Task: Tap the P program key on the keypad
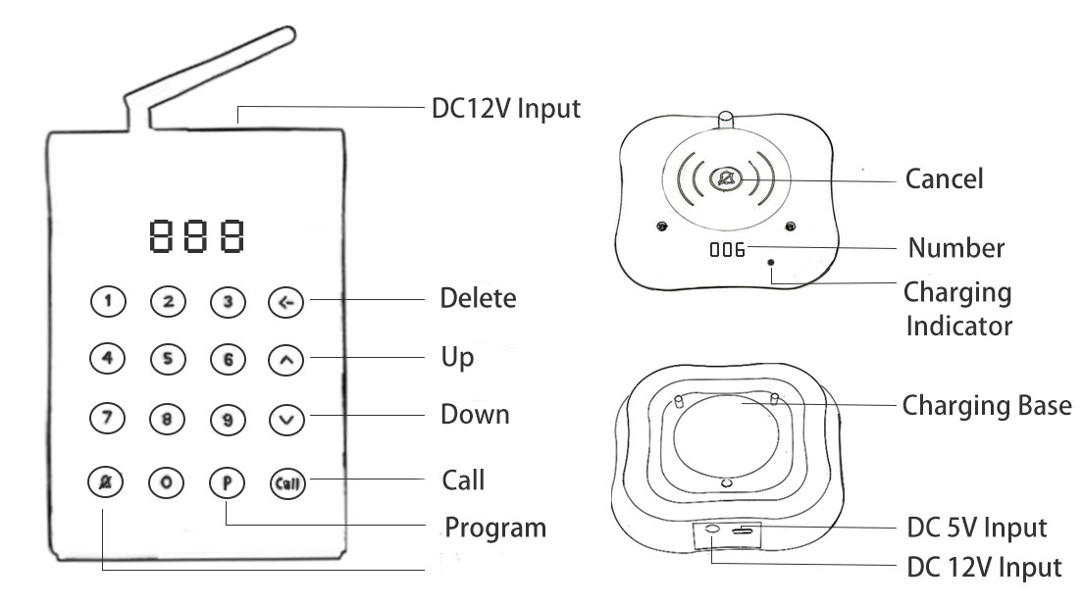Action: [227, 481]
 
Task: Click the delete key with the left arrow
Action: [286, 303]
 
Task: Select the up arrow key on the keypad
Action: [286, 361]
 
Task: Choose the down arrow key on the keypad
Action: [286, 420]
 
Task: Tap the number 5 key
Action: [168, 360]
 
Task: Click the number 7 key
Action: [108, 419]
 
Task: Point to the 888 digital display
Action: [196, 235]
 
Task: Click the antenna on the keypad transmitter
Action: [216, 69]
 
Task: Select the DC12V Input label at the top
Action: [506, 108]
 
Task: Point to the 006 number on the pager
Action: [727, 250]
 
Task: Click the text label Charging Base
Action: [987, 405]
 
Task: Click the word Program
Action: [495, 529]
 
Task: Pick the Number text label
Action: [955, 248]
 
